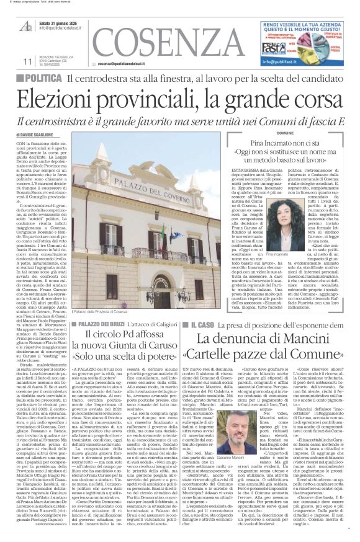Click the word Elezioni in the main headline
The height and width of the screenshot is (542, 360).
point(66,99)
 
